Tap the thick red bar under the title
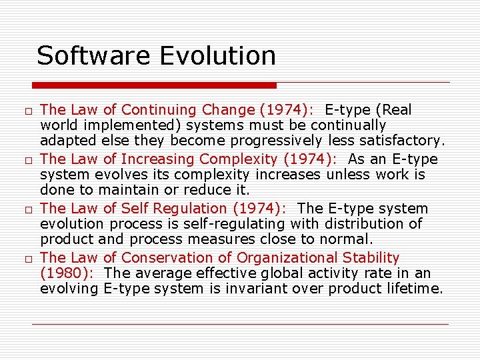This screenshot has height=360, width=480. pos(154,85)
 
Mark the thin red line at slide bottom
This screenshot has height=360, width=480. pos(240,324)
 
